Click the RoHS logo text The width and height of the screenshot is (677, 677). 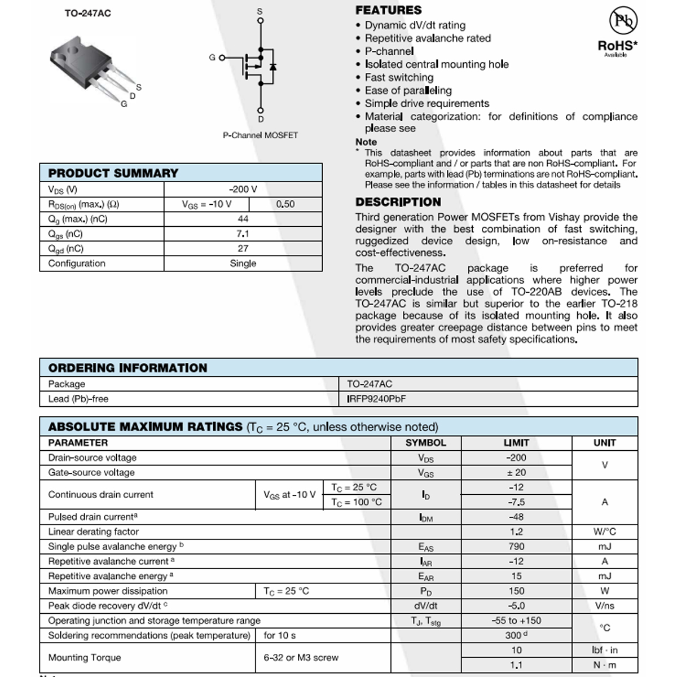pos(617,46)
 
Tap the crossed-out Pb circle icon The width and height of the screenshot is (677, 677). pos(623,21)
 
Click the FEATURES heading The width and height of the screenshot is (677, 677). pos(388,10)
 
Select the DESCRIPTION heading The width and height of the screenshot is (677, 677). pos(398,202)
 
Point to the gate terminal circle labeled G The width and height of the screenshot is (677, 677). pos(222,58)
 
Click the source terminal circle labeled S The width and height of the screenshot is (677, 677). pos(260,21)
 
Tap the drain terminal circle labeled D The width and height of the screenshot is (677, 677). pos(260,111)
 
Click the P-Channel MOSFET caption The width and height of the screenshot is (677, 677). pos(260,135)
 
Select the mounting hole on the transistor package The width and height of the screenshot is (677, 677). pos(73,52)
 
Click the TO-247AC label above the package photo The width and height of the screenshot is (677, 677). pos(87,13)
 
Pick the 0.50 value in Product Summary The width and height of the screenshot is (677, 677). pos(285,204)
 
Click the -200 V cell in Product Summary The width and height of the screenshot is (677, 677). pos(243,190)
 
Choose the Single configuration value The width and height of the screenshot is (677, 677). pos(243,263)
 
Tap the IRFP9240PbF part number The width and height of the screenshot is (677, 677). pos(376,399)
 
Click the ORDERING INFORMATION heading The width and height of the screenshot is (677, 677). pos(128,368)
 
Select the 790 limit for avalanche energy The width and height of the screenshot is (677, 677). pos(516,547)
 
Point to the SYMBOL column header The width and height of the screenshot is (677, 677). pos(425,443)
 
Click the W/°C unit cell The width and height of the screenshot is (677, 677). pos(605,531)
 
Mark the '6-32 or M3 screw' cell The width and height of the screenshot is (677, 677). pos(301,658)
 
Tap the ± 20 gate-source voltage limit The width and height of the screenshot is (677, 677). pos(516,473)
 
